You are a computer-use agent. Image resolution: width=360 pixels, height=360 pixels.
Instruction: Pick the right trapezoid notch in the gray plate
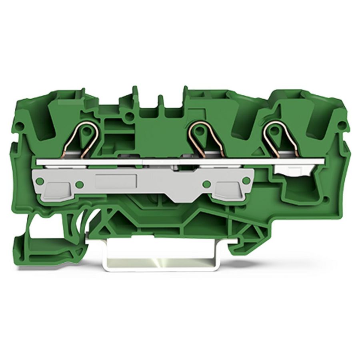coord(227,192)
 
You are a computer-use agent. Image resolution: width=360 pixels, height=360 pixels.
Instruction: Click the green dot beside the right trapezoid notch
coord(207,184)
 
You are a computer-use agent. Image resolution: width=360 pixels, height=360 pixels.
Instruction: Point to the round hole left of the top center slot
coord(129,117)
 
